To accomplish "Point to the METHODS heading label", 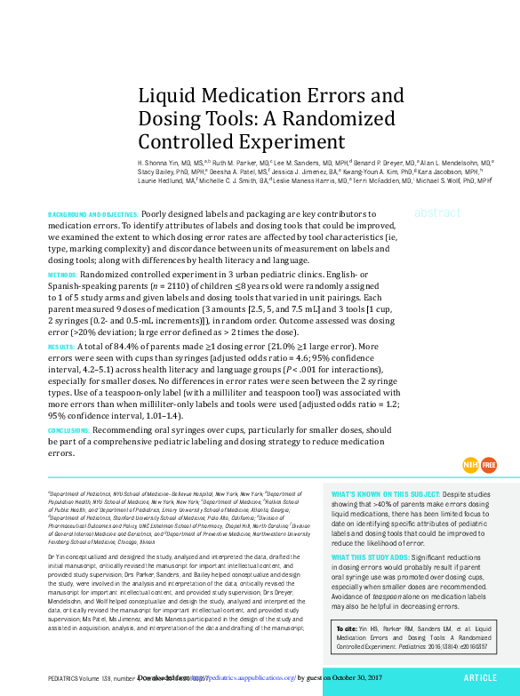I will click(x=62, y=276).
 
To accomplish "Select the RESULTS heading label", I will click(x=60, y=347).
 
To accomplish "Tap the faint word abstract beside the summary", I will click(x=437, y=212).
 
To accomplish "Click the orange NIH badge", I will click(x=471, y=465).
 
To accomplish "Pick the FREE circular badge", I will click(x=490, y=465).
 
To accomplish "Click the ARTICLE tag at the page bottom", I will click(x=480, y=677).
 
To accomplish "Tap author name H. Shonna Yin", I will click(x=161, y=164).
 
